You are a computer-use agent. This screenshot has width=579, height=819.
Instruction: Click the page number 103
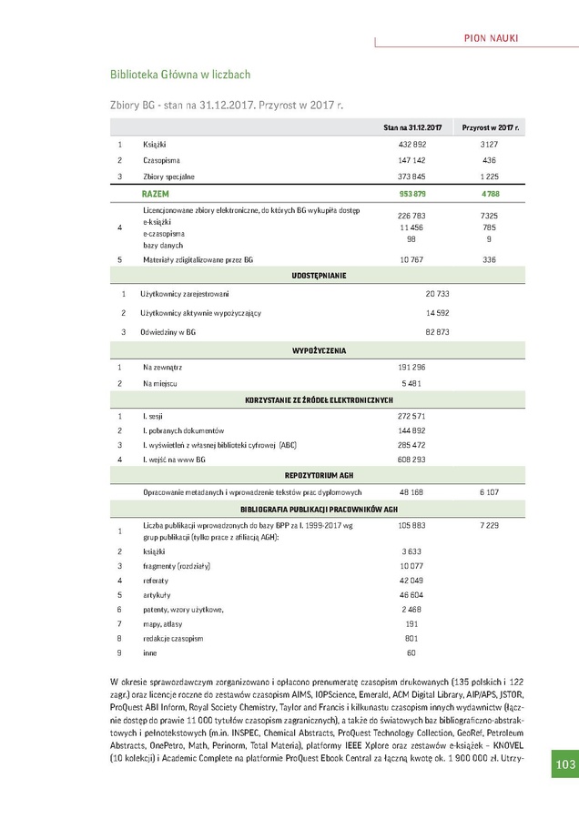[566, 764]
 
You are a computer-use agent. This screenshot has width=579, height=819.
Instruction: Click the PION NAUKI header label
[492, 36]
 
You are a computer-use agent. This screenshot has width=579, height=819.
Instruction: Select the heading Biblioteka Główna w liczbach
[179, 74]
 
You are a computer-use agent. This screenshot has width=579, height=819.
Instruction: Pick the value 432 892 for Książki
[412, 145]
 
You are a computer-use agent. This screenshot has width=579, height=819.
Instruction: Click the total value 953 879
[412, 194]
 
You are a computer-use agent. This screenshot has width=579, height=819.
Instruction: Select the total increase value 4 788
[490, 194]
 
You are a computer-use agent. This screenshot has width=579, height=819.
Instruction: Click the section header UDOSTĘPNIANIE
[318, 275]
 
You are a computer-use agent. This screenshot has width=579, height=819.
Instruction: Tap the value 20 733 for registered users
[438, 294]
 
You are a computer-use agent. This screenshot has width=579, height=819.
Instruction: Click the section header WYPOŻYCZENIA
[318, 350]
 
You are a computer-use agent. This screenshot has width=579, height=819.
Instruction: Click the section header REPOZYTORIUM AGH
[318, 475]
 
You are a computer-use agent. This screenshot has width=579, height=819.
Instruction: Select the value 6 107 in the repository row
[490, 491]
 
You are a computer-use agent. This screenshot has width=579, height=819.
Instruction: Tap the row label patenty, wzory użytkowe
[183, 609]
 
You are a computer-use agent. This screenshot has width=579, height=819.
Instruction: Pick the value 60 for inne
[411, 652]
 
